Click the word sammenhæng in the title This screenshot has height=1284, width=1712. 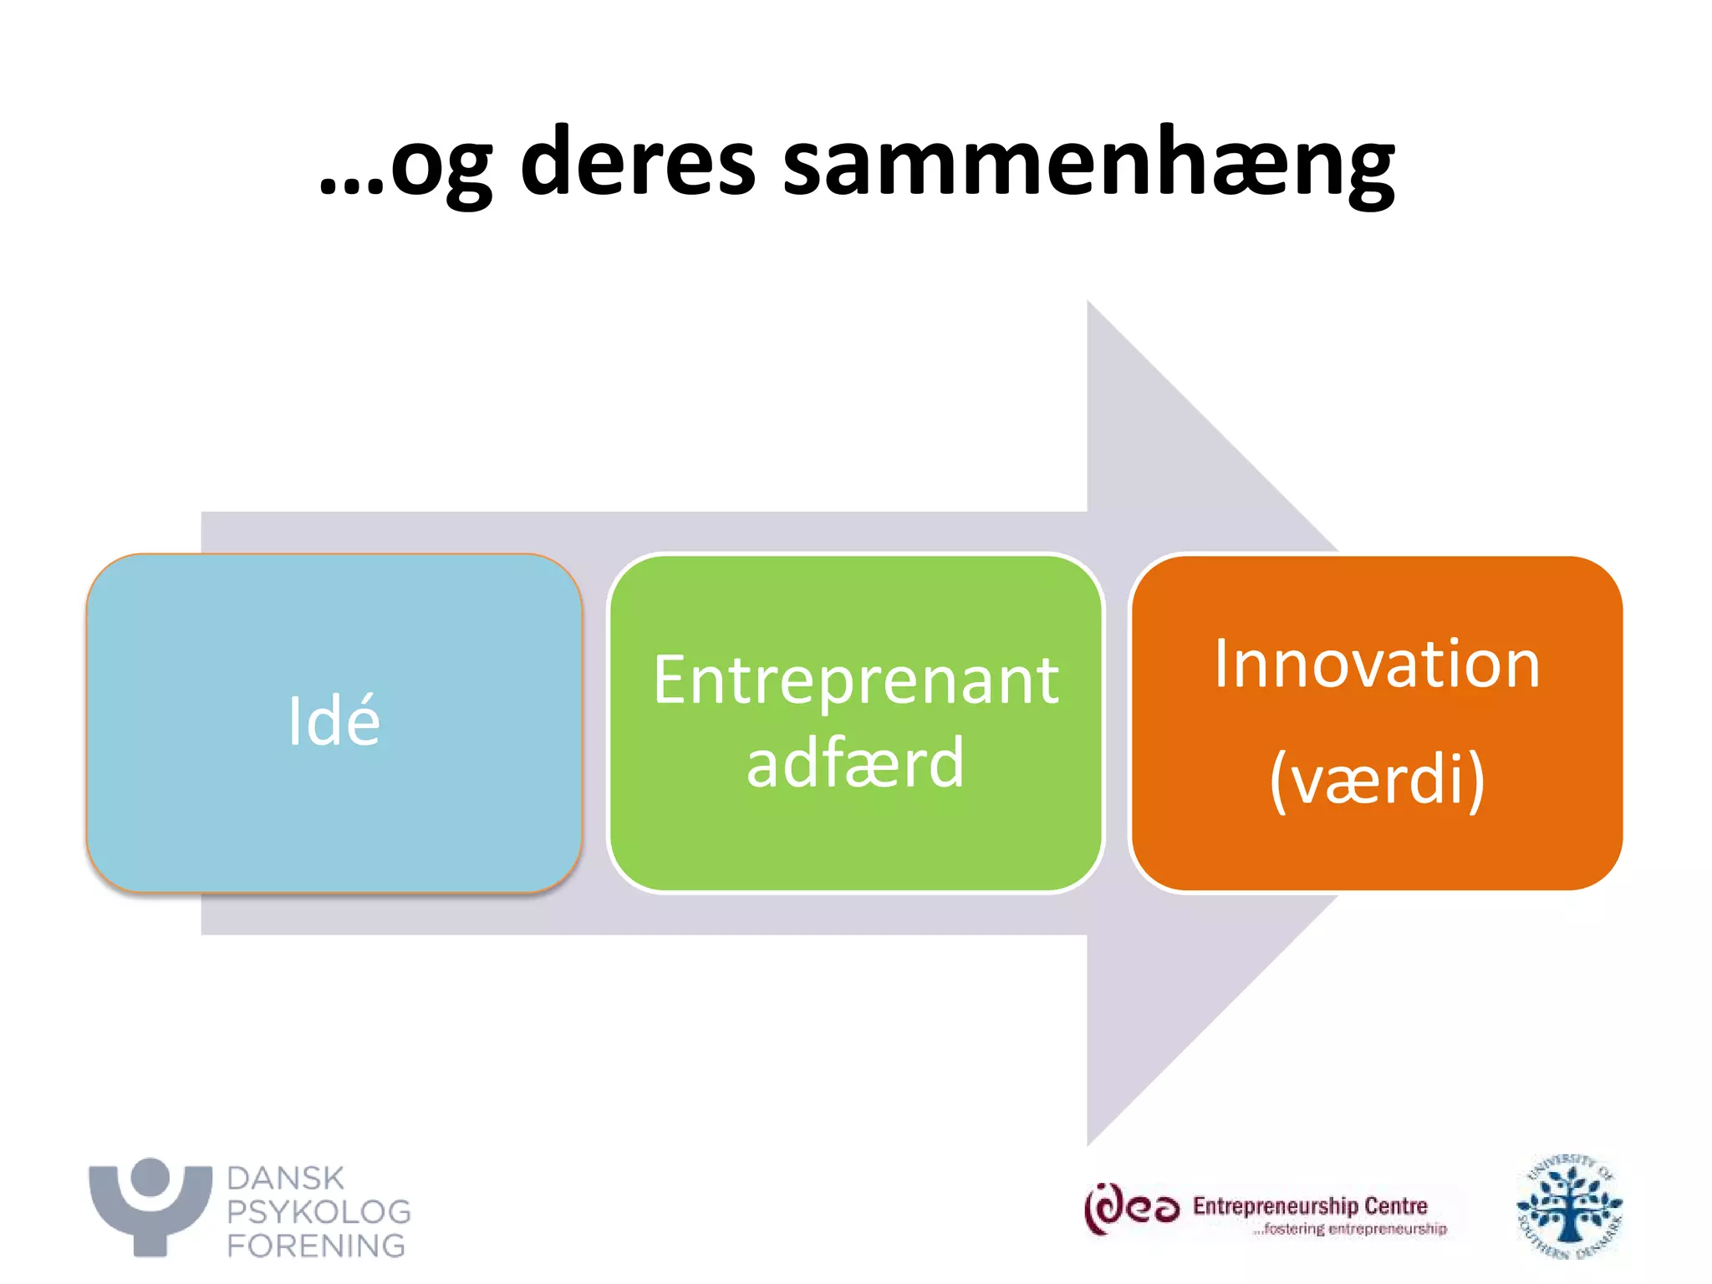tap(1088, 163)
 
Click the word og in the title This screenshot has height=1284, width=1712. tap(441, 167)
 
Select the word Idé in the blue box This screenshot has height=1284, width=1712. tap(334, 721)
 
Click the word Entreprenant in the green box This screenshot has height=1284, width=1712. tap(855, 680)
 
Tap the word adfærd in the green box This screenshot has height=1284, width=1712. tap(855, 762)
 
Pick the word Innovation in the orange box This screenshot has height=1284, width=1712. tap(1376, 664)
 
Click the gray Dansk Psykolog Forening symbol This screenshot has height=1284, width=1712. tap(150, 1208)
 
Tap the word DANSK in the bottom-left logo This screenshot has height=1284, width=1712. tap(285, 1178)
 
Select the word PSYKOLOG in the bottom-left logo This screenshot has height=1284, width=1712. tap(318, 1211)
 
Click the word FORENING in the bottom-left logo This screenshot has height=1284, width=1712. tap(316, 1246)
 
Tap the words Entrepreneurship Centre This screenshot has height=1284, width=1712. tap(1309, 1205)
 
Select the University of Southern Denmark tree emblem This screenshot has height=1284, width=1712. tap(1568, 1207)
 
